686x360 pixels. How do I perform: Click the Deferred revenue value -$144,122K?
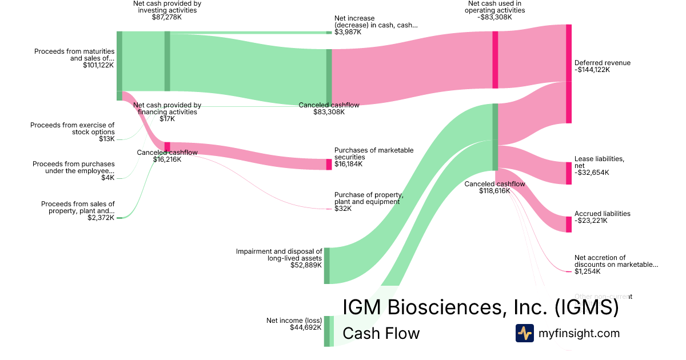[592, 70]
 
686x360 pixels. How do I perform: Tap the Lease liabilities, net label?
[599, 162]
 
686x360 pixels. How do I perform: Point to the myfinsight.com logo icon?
[524, 333]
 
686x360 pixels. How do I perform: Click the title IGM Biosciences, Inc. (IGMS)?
[480, 307]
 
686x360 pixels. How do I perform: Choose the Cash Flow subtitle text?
[381, 333]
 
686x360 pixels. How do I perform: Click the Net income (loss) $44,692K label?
[294, 324]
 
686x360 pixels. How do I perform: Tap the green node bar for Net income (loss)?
[326, 331]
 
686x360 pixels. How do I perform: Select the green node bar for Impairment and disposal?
[326, 266]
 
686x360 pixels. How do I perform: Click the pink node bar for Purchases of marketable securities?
[329, 165]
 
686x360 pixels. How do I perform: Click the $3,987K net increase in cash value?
[348, 32]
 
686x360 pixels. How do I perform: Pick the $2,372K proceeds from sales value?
[101, 218]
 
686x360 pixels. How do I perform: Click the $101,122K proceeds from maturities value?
[98, 65]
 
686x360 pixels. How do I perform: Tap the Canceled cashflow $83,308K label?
[329, 109]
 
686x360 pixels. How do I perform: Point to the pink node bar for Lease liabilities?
[568, 173]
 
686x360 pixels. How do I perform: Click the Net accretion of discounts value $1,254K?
[588, 271]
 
